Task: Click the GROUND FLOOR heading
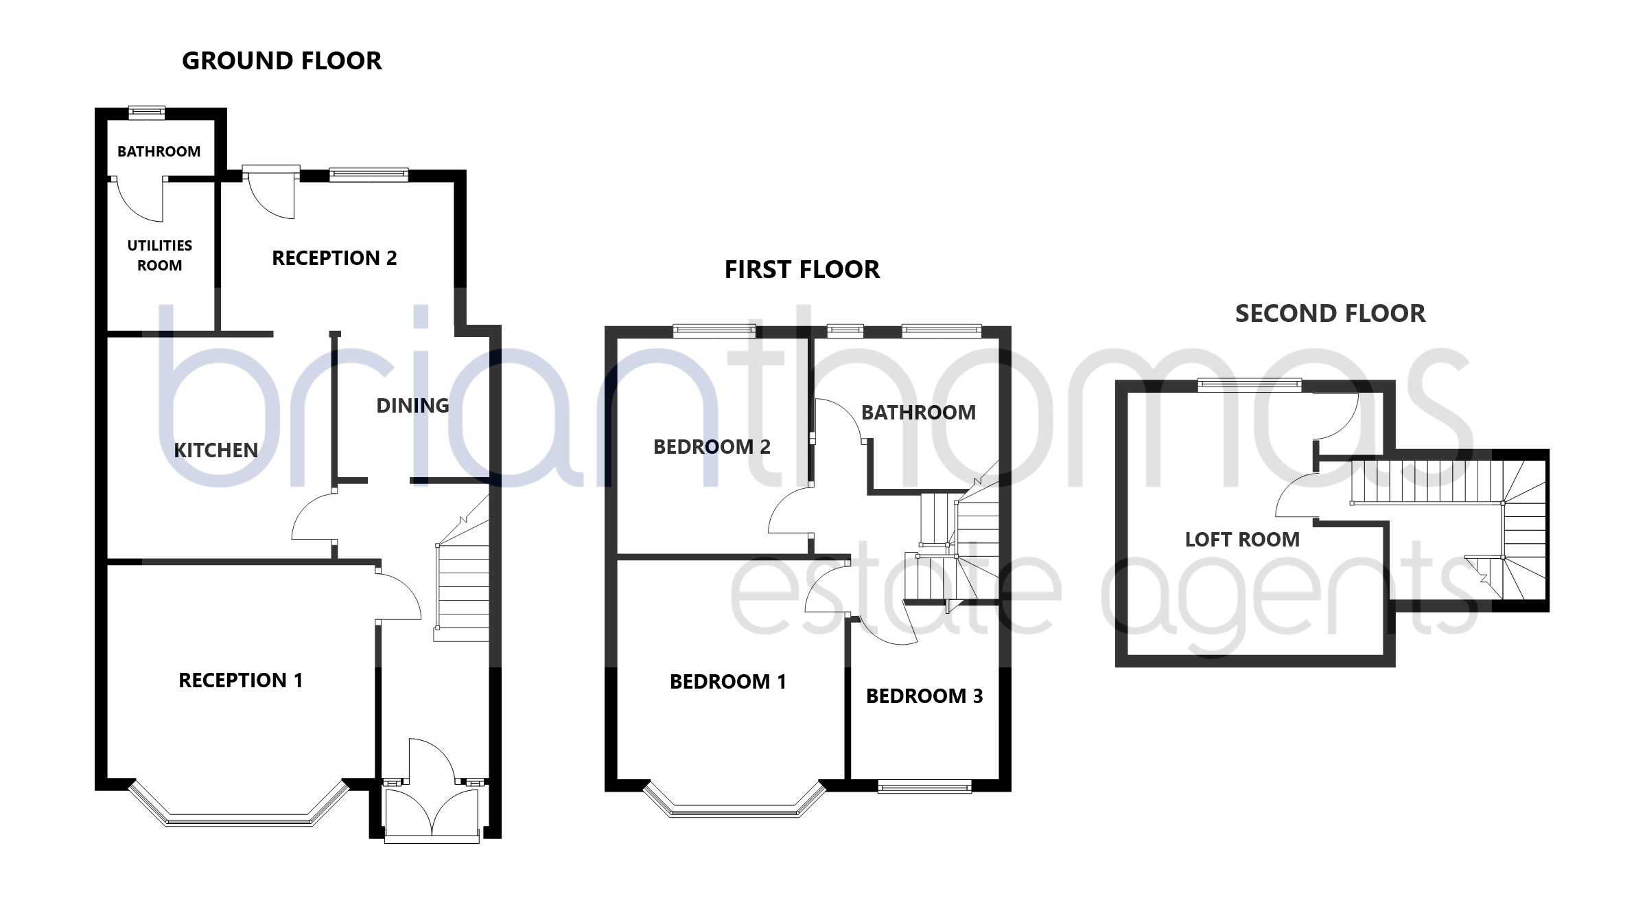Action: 281,61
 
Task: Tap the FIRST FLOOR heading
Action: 802,270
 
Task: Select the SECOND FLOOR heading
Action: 1330,314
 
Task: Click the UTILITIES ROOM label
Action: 160,255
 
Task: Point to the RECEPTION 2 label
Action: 334,258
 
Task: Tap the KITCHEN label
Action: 215,450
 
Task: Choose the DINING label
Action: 412,406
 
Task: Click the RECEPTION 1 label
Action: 240,680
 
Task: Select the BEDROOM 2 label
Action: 712,447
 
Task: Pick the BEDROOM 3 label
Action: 924,696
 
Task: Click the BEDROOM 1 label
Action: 728,682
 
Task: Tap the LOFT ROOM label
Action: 1242,540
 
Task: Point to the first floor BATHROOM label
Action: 918,413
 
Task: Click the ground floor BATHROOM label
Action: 159,152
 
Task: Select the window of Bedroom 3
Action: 924,786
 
